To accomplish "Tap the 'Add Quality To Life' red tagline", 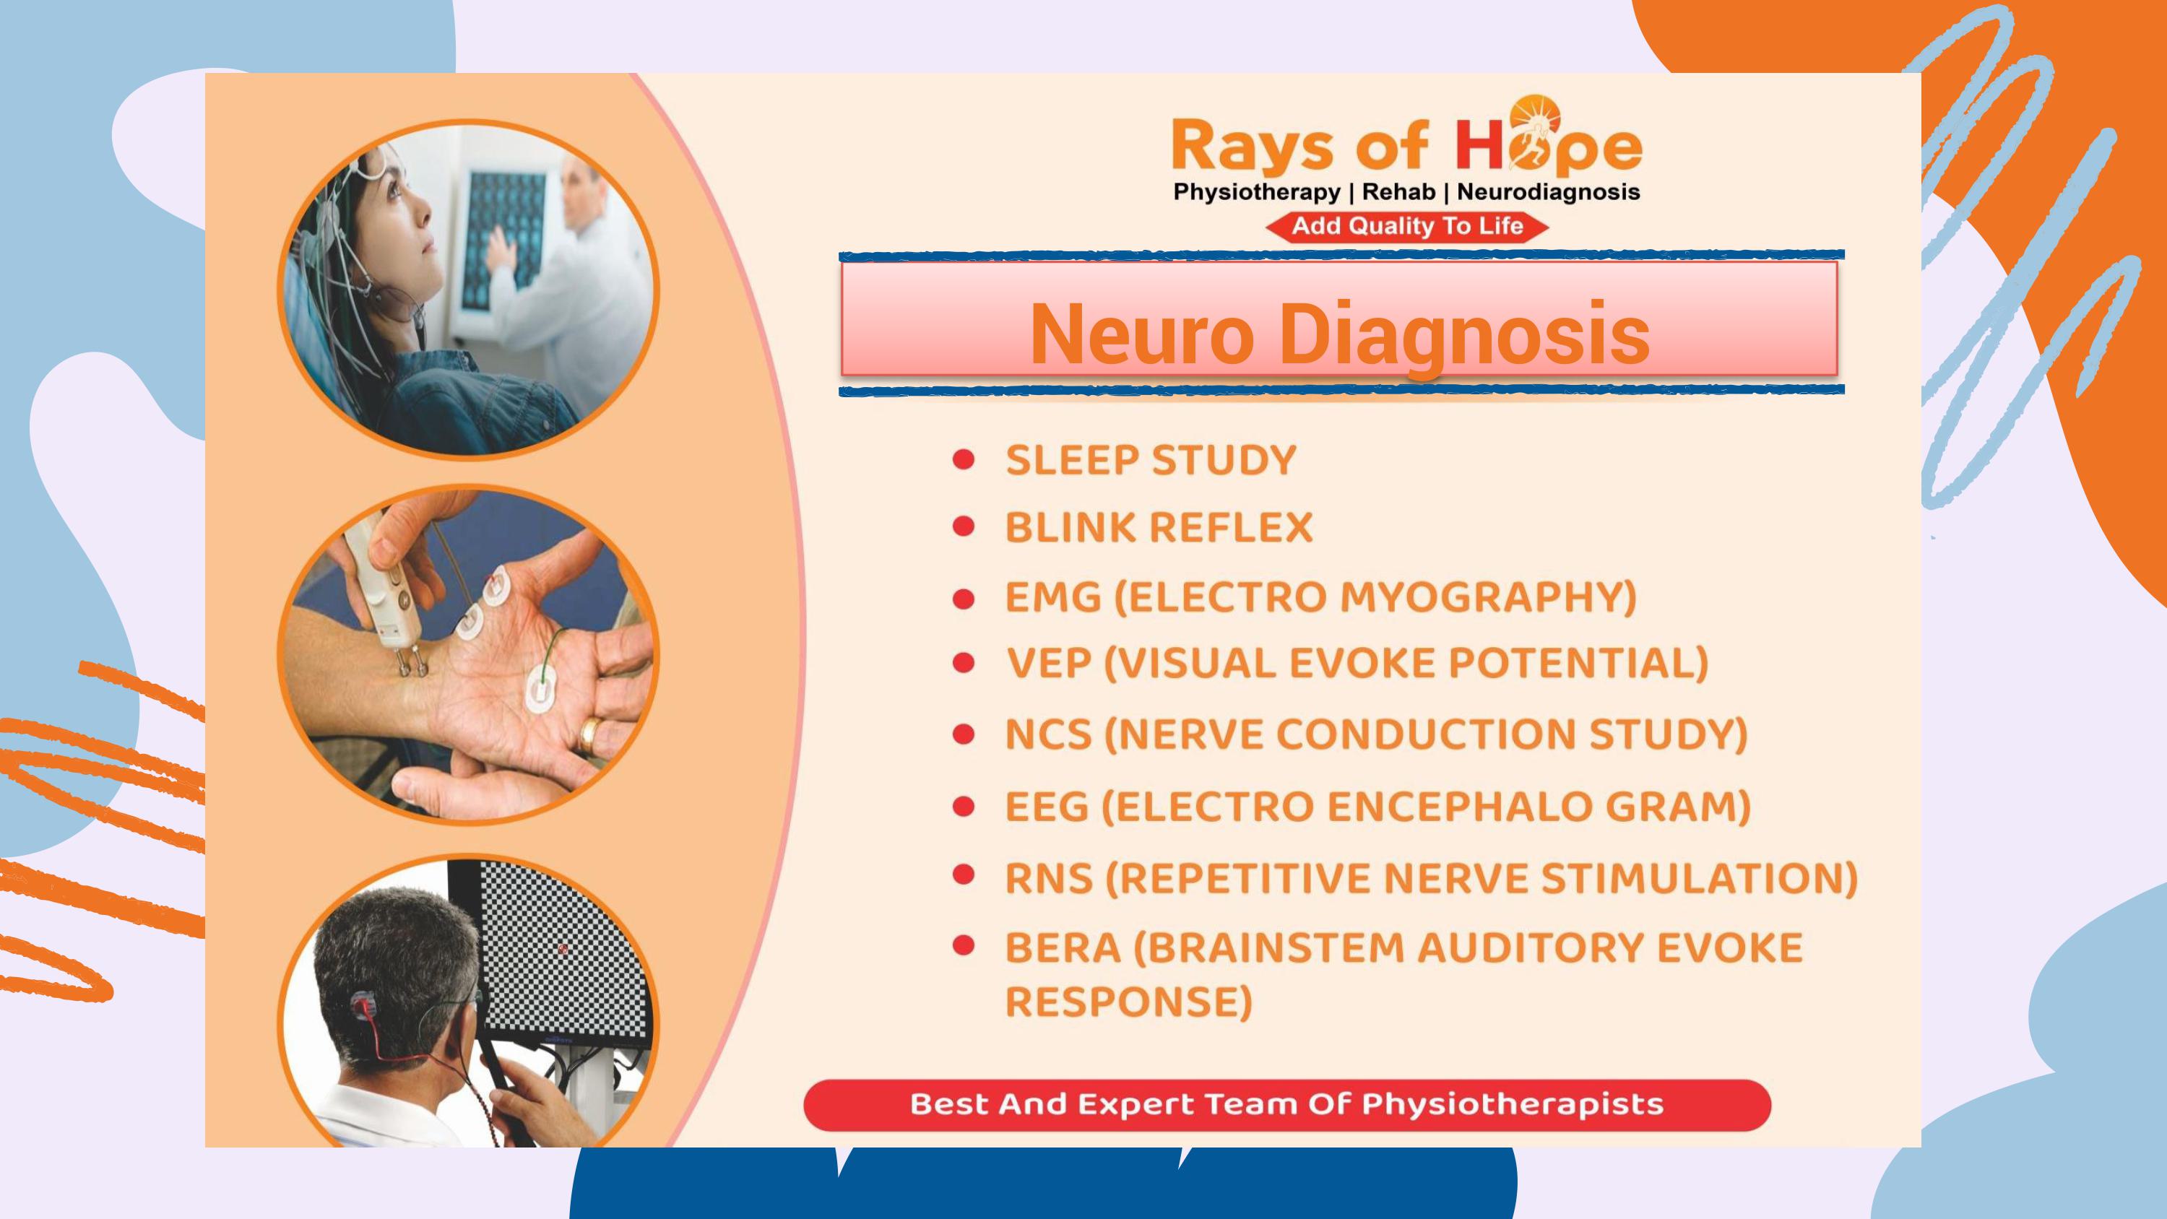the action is pos(1407,226).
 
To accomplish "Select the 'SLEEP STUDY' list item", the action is pos(1151,460).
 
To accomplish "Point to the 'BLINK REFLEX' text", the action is pos(1159,527).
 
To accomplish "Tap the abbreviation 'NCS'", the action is pos(1048,734).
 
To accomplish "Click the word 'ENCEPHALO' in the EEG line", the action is pos(1460,806).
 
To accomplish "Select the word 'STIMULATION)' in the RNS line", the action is pos(1699,878).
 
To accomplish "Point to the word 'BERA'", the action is pos(1063,948).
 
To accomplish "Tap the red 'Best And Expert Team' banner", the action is pos(1287,1105).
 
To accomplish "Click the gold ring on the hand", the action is pos(589,734).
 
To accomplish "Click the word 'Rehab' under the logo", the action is pos(1398,192).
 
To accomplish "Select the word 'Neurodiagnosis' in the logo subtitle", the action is pos(1548,193).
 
